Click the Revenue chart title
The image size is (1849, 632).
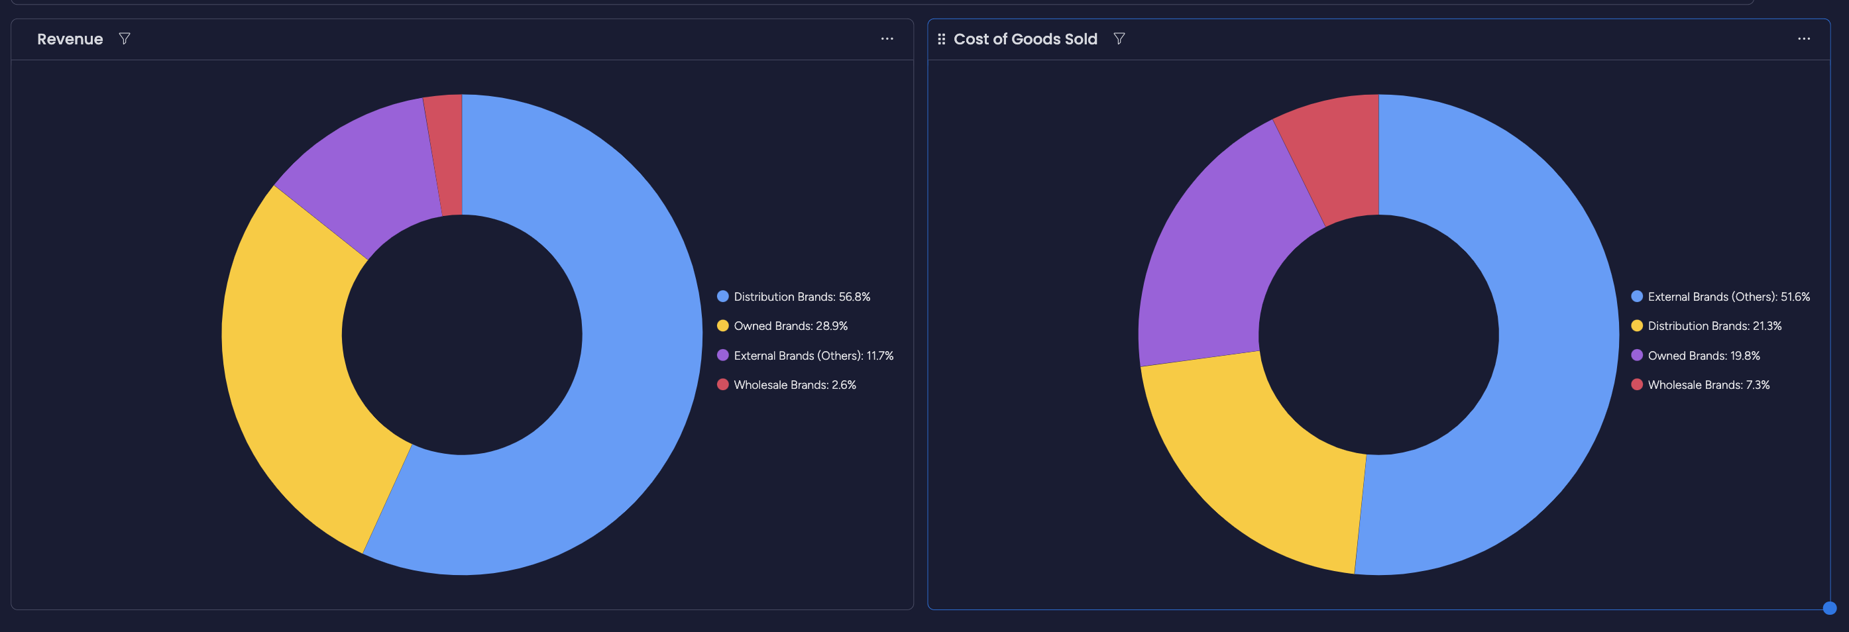click(70, 40)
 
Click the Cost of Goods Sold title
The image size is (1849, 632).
click(1025, 40)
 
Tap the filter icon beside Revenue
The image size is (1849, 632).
click(124, 38)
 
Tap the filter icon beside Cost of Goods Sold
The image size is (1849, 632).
click(1118, 38)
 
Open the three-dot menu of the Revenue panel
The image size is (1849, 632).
click(887, 38)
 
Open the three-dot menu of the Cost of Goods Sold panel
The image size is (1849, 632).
click(1803, 38)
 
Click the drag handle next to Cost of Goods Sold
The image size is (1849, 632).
click(941, 40)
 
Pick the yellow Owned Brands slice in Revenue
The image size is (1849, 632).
click(302, 358)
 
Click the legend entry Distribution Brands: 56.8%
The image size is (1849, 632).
click(801, 297)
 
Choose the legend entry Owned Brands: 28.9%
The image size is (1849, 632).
click(789, 327)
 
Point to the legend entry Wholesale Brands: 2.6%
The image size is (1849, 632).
click(794, 385)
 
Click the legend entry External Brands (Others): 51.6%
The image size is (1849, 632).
click(1728, 297)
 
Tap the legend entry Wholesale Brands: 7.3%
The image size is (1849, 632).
click(1708, 385)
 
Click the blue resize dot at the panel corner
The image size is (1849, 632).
click(1829, 608)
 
